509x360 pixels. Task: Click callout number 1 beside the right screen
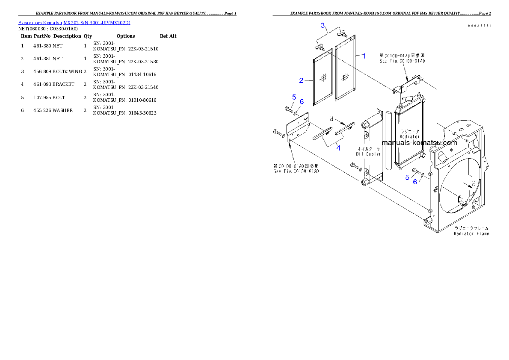coord(364,56)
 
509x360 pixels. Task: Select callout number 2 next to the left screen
coord(302,80)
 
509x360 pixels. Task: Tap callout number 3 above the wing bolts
coord(323,25)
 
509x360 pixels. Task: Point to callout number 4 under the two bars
coord(338,148)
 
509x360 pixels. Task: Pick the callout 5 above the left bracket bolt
coord(294,97)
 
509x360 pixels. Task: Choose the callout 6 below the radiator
coord(414,182)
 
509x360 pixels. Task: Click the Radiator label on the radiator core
coord(410,136)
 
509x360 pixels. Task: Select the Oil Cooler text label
coord(369,154)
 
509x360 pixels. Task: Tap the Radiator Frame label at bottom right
coord(472,233)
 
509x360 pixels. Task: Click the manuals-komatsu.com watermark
coord(419,143)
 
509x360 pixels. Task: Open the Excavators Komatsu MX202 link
coord(74,22)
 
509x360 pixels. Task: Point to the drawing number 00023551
coord(479,26)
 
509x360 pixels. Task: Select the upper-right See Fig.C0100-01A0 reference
coord(402,61)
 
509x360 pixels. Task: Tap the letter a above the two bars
coord(331,118)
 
